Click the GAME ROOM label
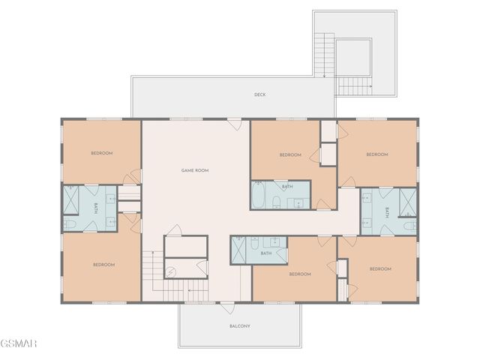(x=194, y=171)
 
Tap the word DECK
(x=259, y=94)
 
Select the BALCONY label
(x=239, y=326)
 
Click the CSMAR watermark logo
(x=18, y=343)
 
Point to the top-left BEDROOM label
(x=101, y=154)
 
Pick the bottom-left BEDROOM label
(x=103, y=265)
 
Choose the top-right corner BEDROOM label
(x=376, y=154)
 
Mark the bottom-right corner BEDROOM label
(x=380, y=268)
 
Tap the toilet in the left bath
(x=68, y=223)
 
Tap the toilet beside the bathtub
(x=276, y=201)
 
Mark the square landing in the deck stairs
(x=352, y=58)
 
